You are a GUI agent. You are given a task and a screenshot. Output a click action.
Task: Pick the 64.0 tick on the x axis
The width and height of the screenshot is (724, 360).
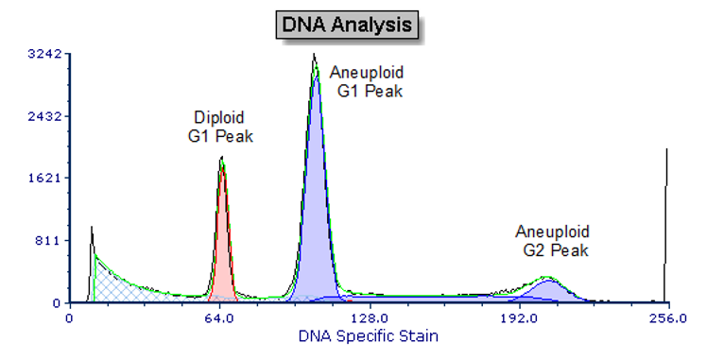[219, 318]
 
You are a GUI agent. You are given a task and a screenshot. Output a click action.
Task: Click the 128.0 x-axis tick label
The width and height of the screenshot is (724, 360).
[369, 318]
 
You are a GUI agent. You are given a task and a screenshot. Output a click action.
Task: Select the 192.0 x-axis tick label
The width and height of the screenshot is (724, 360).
[519, 318]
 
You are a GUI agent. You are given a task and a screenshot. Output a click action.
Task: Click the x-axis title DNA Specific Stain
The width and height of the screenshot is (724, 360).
[369, 335]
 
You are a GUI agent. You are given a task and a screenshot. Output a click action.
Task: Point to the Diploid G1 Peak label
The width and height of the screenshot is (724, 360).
[219, 127]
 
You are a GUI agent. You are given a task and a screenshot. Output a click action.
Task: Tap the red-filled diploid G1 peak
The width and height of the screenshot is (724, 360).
[222, 255]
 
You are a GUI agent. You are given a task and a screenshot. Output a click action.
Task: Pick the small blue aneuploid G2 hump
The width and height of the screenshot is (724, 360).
[546, 291]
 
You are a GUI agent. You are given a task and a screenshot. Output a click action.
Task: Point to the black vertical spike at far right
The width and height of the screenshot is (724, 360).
[666, 227]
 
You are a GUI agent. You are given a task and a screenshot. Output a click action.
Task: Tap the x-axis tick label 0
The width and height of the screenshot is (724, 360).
[70, 318]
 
